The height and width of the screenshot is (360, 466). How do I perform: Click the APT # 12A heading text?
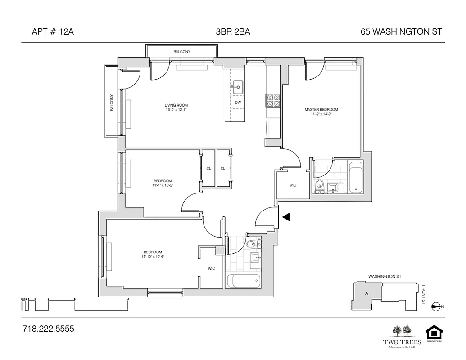[53, 32]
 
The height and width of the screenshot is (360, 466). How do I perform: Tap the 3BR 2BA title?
[233, 32]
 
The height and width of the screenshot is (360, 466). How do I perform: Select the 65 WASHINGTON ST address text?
[401, 32]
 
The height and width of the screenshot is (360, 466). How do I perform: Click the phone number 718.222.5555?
[48, 329]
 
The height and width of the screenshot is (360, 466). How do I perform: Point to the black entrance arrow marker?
[285, 217]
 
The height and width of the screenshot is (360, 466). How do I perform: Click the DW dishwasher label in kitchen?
[238, 103]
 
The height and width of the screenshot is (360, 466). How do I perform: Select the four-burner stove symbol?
[273, 100]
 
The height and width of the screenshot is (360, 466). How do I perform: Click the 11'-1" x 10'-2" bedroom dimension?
[163, 185]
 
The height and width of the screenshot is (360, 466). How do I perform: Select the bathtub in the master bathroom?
[355, 177]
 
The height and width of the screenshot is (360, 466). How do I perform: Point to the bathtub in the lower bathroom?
[243, 281]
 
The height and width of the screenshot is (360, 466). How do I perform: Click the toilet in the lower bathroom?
[252, 244]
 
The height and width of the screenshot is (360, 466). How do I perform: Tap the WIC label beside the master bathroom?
[292, 185]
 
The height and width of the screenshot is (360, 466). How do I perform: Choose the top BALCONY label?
[181, 52]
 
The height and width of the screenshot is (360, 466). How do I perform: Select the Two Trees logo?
[402, 335]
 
